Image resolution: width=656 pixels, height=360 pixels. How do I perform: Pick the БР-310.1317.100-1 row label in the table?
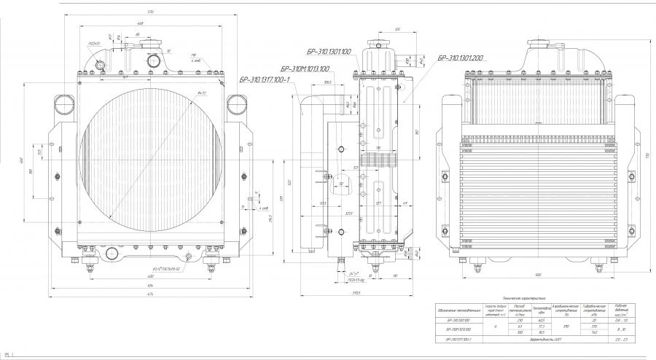pyautogui.click(x=457, y=340)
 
